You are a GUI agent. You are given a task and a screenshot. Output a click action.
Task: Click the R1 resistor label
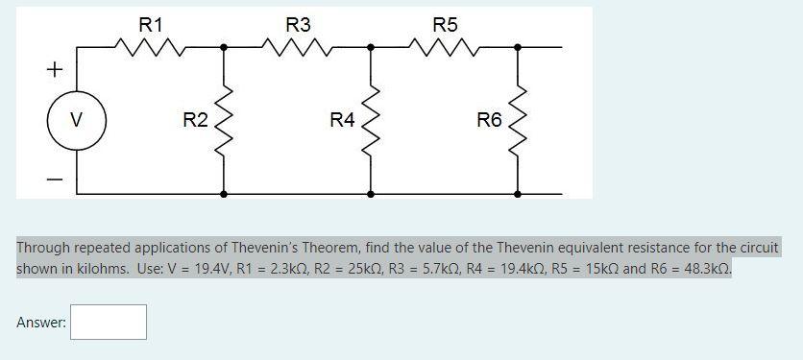[151, 24]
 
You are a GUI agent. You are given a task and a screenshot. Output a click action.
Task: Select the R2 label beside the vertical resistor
[195, 120]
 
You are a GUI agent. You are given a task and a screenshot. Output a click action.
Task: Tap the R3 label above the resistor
[299, 24]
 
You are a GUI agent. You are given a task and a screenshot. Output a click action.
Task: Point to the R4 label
[342, 120]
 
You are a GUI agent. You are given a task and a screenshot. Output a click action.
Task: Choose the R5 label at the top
[446, 24]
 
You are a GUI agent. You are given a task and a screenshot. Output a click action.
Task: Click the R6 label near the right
[489, 120]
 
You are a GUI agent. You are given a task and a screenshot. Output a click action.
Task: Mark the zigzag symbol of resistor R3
[299, 45]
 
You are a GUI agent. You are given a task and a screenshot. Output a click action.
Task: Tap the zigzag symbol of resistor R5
[446, 45]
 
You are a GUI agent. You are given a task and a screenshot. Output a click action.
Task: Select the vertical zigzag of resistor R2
[224, 120]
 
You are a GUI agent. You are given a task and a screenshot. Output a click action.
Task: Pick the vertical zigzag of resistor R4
[371, 120]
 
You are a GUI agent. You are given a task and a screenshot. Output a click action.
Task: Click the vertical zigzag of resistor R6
[519, 120]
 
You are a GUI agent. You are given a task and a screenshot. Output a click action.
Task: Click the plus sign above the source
[55, 70]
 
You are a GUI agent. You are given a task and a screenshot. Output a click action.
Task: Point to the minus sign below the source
[55, 180]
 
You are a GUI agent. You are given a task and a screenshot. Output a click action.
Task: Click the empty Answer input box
[109, 323]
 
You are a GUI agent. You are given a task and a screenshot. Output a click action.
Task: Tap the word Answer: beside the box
[41, 324]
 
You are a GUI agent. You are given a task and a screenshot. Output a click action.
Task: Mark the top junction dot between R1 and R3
[224, 46]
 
